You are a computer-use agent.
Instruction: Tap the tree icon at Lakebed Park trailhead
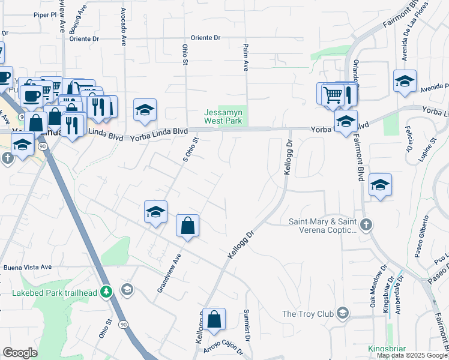click(106, 292)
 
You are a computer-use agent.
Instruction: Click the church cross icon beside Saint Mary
click(367, 225)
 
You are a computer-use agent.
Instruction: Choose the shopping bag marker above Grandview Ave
click(188, 226)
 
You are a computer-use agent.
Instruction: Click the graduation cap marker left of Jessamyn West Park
click(145, 110)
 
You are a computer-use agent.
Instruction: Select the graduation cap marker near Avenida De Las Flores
click(405, 81)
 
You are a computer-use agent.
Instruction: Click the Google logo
click(20, 353)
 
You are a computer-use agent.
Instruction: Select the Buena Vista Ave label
click(28, 267)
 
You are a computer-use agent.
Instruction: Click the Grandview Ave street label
click(169, 272)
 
